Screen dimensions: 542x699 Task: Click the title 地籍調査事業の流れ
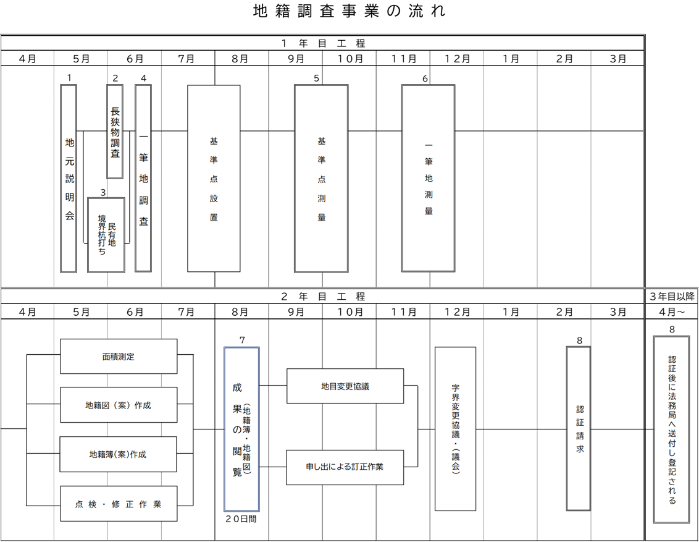(349, 12)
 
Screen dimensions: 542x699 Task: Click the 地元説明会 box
(69, 179)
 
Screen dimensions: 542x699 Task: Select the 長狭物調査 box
(115, 131)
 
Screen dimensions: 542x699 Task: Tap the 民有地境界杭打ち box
(106, 235)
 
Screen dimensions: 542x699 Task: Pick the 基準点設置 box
(214, 179)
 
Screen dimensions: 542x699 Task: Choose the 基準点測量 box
(321, 179)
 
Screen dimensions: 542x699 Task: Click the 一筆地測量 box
(429, 179)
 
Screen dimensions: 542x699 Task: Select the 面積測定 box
(119, 357)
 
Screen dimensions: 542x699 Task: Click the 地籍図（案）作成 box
(119, 405)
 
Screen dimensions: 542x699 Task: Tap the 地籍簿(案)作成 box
(119, 454)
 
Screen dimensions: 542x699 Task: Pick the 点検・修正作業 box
(119, 504)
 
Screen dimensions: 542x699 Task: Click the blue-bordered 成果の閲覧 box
(241, 429)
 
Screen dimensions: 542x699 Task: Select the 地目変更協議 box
(345, 386)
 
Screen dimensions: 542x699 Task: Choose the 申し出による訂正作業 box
(345, 467)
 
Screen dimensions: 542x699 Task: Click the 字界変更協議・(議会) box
(455, 429)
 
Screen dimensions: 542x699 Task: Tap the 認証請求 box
(579, 429)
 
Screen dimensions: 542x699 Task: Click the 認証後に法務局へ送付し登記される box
(672, 429)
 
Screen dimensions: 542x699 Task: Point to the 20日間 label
(241, 519)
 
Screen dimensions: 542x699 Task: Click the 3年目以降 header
(672, 297)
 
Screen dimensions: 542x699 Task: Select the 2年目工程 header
(323, 297)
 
